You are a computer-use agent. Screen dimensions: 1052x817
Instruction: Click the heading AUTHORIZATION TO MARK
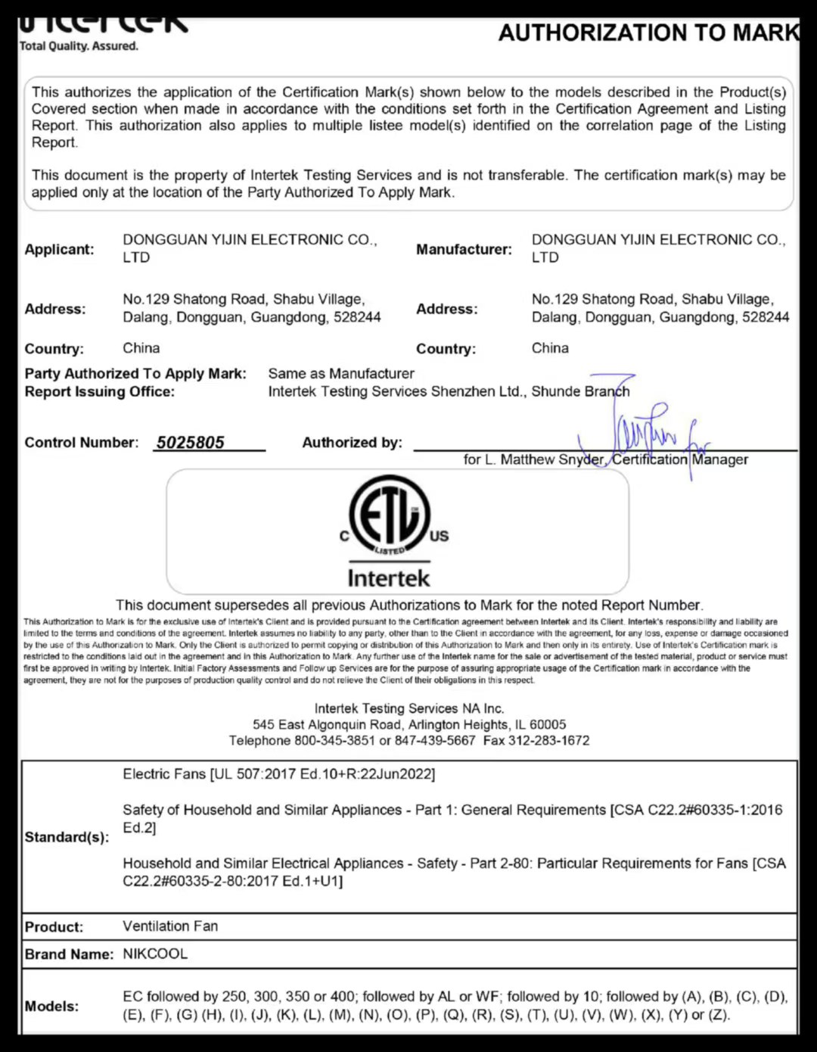coord(648,33)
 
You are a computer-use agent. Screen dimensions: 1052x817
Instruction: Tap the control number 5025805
coord(191,443)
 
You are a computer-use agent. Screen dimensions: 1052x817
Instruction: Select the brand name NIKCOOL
coord(155,954)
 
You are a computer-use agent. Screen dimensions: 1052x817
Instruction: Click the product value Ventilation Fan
coord(170,926)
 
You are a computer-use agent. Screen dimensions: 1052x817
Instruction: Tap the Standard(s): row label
coord(67,837)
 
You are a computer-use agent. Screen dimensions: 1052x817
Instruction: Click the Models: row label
coord(51,1006)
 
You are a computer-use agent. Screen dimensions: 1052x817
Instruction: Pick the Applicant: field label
coord(59,250)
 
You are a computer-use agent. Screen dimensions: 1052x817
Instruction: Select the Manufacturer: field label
coord(464,250)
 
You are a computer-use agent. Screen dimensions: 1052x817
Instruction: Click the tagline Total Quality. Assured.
coord(79,46)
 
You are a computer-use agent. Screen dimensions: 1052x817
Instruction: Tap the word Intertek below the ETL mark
coord(389,578)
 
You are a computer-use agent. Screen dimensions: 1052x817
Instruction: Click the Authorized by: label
coord(352,443)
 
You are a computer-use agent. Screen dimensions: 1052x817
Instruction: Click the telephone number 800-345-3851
coord(334,740)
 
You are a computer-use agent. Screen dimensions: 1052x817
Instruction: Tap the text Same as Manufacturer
coord(341,374)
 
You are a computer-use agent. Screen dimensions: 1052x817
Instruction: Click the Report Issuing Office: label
coord(99,392)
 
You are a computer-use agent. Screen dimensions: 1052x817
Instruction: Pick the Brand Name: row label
coord(69,954)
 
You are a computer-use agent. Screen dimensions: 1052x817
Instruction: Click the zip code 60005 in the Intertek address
coord(548,724)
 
